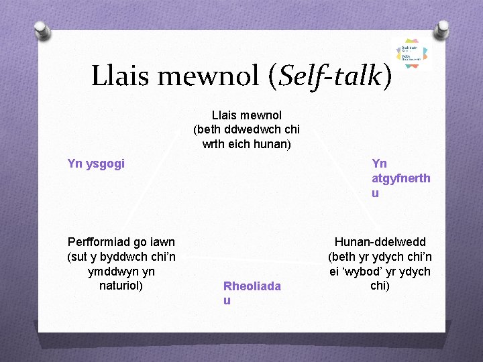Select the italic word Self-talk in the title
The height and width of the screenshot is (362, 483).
click(x=329, y=76)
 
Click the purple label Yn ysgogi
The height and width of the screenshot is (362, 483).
click(x=96, y=163)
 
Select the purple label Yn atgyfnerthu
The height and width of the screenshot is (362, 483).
click(x=400, y=178)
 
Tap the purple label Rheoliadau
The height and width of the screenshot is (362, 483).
click(x=252, y=293)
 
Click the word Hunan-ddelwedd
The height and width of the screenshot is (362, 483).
click(x=380, y=242)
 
